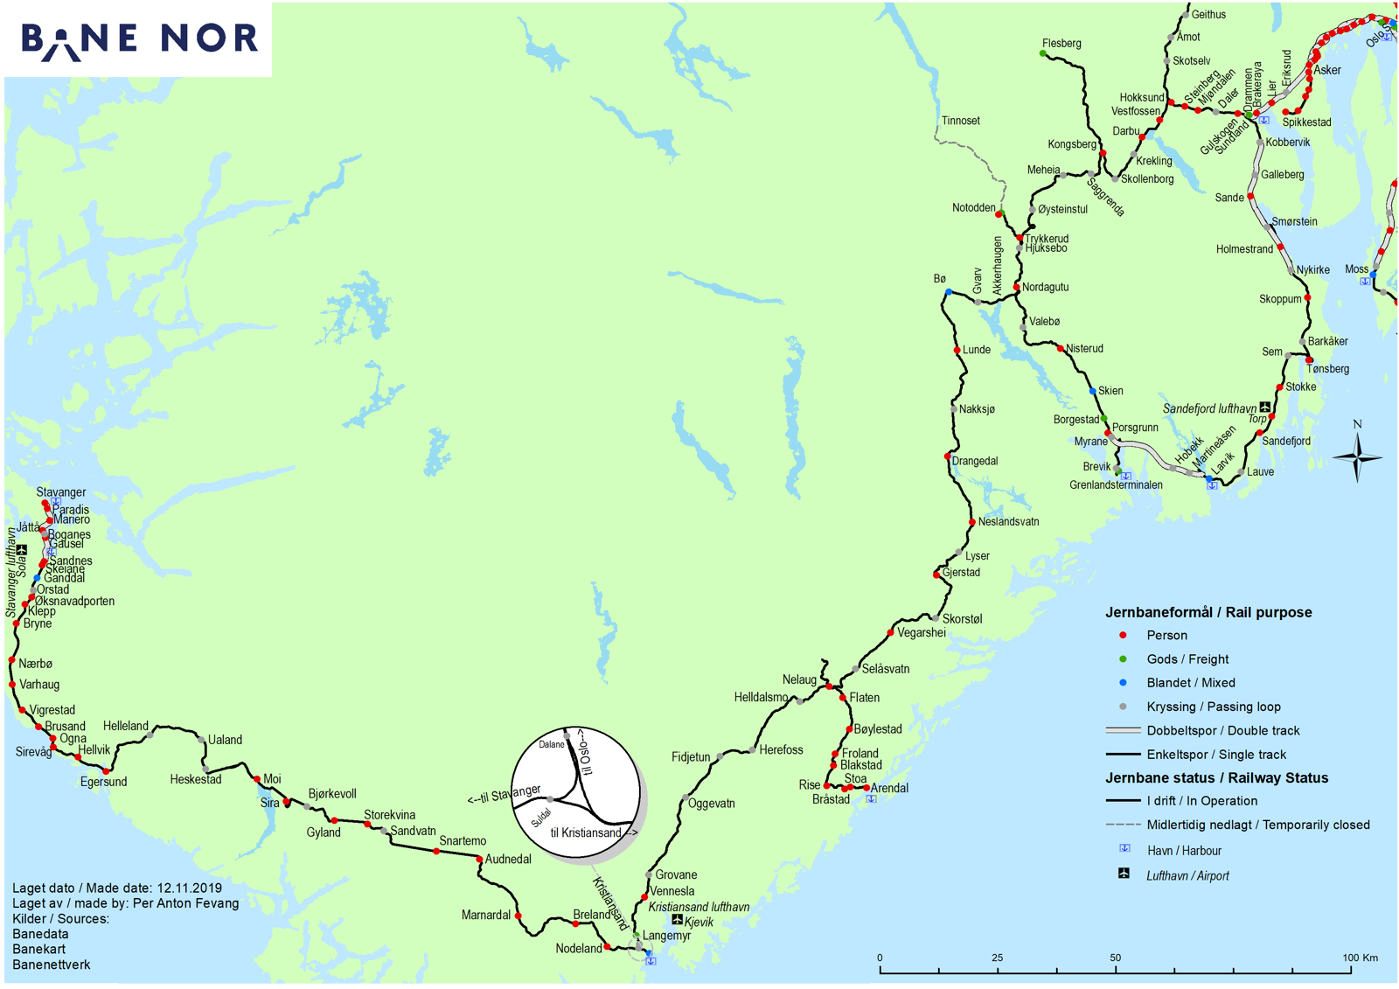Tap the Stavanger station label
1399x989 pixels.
[61, 492]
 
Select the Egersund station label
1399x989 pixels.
[103, 782]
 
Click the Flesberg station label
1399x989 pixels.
[1061, 44]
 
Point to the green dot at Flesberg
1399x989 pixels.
[1043, 54]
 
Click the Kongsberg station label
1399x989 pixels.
[1072, 144]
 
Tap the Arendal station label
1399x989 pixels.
[889, 788]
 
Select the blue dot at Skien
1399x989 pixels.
[1093, 391]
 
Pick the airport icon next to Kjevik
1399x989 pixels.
[677, 920]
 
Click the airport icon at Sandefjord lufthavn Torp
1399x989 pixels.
[1265, 407]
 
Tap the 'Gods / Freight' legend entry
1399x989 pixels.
[1187, 659]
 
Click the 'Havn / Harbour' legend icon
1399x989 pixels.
[1125, 849]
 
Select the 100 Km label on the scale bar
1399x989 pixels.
[1360, 958]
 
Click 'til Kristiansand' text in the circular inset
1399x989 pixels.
[588, 832]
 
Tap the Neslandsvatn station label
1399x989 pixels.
[1008, 522]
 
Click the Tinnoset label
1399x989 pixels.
[960, 121]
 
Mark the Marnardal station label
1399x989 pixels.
[485, 916]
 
